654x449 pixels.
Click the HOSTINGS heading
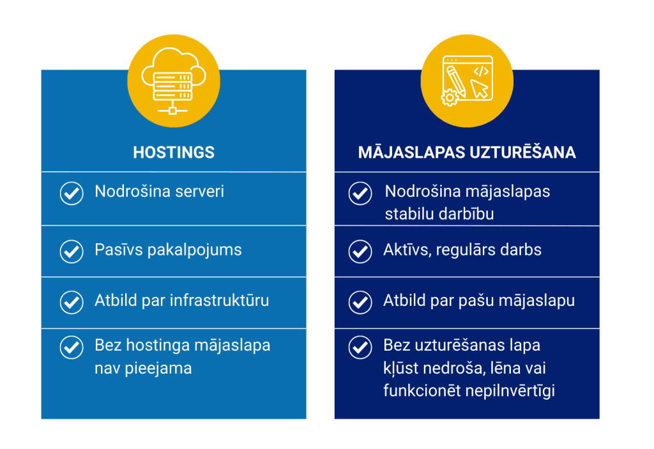pos(174,152)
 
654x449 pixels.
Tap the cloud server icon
pos(174,81)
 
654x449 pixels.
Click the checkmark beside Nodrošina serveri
pos(72,193)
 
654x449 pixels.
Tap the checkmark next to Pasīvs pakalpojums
pos(72,252)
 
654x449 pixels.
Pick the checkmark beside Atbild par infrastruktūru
pos(72,302)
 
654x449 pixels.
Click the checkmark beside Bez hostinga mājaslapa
pos(72,347)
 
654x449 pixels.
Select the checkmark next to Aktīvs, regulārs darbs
pos(360,252)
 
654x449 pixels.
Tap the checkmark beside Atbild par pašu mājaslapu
pos(360,302)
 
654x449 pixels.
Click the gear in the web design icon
pos(449,98)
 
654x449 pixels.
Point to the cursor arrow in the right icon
pos(479,89)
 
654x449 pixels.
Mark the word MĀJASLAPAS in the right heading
pos(412,152)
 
